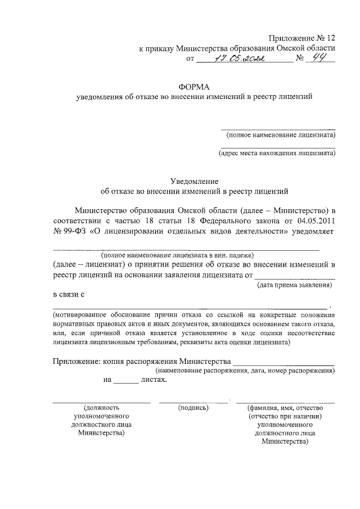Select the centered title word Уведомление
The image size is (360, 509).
193,181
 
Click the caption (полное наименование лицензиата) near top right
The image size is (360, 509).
280,135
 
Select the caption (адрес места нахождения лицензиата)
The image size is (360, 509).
277,152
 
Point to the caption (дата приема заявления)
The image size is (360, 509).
294,285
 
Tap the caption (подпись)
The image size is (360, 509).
193,407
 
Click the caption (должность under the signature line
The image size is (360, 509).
101,407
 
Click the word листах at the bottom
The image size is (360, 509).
154,380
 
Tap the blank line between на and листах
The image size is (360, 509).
126,382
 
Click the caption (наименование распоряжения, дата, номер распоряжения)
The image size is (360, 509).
245,371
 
